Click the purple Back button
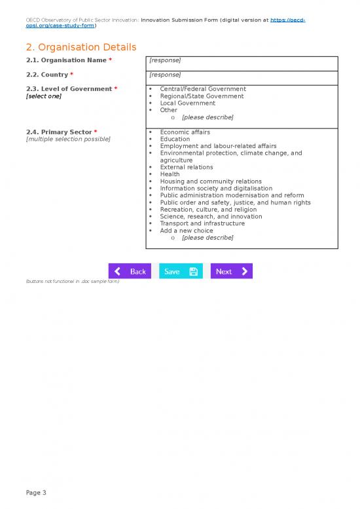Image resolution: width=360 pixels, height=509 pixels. [x=130, y=271]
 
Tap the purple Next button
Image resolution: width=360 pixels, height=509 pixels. [x=231, y=271]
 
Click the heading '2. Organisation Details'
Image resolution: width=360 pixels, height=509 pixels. [x=81, y=47]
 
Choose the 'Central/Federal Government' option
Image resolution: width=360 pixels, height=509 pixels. [x=202, y=89]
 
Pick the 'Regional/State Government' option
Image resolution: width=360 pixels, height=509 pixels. [x=202, y=96]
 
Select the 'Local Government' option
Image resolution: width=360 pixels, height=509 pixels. [x=187, y=104]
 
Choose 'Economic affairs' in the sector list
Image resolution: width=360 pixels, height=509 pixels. [x=185, y=132]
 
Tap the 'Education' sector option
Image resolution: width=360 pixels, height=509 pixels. [x=175, y=139]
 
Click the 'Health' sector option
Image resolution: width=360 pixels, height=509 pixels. [x=170, y=174]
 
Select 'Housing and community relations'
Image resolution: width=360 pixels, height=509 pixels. [x=210, y=181]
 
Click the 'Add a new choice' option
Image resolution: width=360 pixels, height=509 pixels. [x=186, y=231]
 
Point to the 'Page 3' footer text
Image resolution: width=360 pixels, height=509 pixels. [x=36, y=493]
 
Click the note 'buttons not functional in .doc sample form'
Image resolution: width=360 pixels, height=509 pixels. [x=72, y=281]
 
